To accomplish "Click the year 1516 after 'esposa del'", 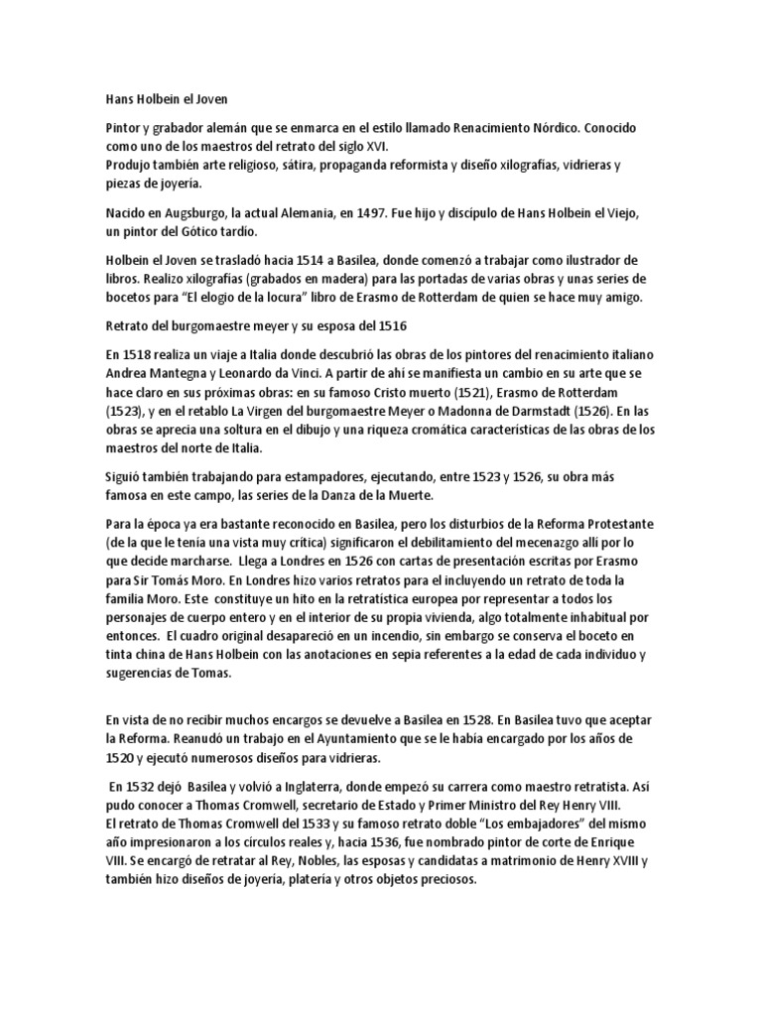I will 390,325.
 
